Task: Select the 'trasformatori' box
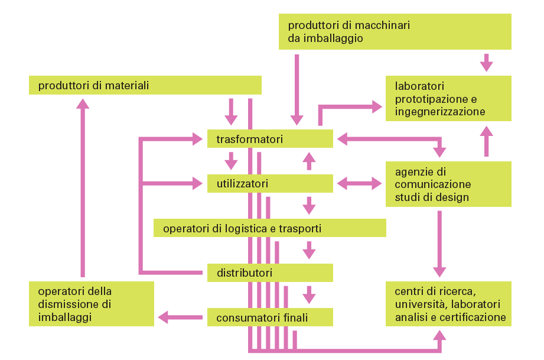click(270, 140)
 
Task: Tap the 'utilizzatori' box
click(270, 184)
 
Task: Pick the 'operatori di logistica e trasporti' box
click(269, 228)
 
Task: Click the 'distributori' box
click(270, 273)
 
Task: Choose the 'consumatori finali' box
click(270, 317)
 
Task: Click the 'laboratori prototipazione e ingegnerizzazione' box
click(448, 98)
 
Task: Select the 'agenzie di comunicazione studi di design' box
click(448, 184)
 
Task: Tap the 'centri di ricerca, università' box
click(448, 304)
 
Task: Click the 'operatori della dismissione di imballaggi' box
click(91, 304)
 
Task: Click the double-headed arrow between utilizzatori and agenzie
click(359, 184)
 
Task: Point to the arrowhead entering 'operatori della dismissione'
click(162, 317)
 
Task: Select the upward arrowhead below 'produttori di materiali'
click(83, 103)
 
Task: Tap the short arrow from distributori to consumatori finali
click(308, 293)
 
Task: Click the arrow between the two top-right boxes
click(486, 61)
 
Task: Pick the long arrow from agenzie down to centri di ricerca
click(439, 242)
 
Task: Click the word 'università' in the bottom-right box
click(416, 304)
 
